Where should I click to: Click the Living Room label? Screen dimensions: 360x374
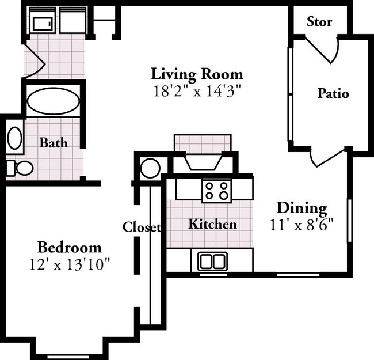tap(197, 74)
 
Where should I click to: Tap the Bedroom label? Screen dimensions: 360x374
tap(69, 248)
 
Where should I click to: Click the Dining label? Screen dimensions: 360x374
tap(302, 208)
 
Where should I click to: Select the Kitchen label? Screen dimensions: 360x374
tap(212, 224)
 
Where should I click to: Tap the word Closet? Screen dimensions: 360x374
tap(142, 227)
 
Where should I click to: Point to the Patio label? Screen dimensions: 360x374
tap(333, 93)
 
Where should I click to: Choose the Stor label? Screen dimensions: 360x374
tap(319, 22)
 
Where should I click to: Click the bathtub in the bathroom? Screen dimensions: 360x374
tap(54, 101)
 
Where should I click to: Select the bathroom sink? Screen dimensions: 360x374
tap(14, 139)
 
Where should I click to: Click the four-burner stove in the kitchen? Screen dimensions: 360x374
tap(216, 190)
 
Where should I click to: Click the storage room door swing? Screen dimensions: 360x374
tap(319, 50)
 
